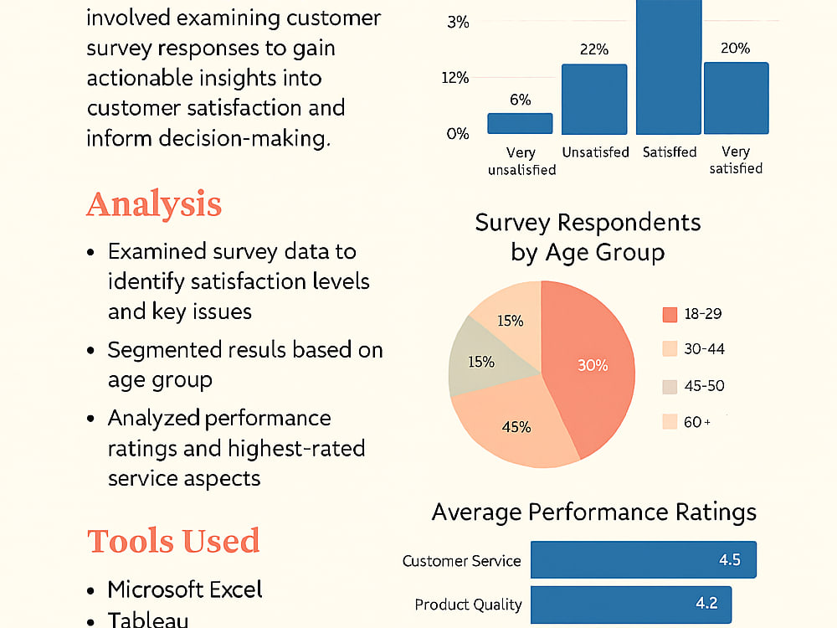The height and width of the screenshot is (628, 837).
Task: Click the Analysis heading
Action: [154, 204]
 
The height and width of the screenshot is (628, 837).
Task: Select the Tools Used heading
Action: [173, 540]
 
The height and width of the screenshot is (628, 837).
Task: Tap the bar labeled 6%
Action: [520, 123]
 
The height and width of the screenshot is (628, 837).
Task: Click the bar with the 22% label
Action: [594, 100]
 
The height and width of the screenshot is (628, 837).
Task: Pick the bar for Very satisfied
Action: [736, 98]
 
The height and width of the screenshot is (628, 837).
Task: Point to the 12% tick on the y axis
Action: [454, 78]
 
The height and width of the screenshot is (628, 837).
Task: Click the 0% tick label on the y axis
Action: [458, 133]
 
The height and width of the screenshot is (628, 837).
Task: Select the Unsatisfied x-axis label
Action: [596, 152]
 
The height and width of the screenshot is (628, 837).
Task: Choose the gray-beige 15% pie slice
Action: [483, 359]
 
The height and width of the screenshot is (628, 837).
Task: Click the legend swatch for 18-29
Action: [670, 315]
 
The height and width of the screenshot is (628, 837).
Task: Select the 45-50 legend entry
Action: [693, 386]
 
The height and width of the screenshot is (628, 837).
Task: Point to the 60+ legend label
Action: [697, 422]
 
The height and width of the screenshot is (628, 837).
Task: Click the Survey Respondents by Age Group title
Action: [588, 237]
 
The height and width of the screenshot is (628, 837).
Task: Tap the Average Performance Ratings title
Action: [594, 512]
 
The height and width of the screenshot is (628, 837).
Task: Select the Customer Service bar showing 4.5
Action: [643, 559]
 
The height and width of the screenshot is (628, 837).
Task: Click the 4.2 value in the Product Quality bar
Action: [706, 604]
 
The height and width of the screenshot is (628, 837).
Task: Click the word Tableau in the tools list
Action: [148, 620]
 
